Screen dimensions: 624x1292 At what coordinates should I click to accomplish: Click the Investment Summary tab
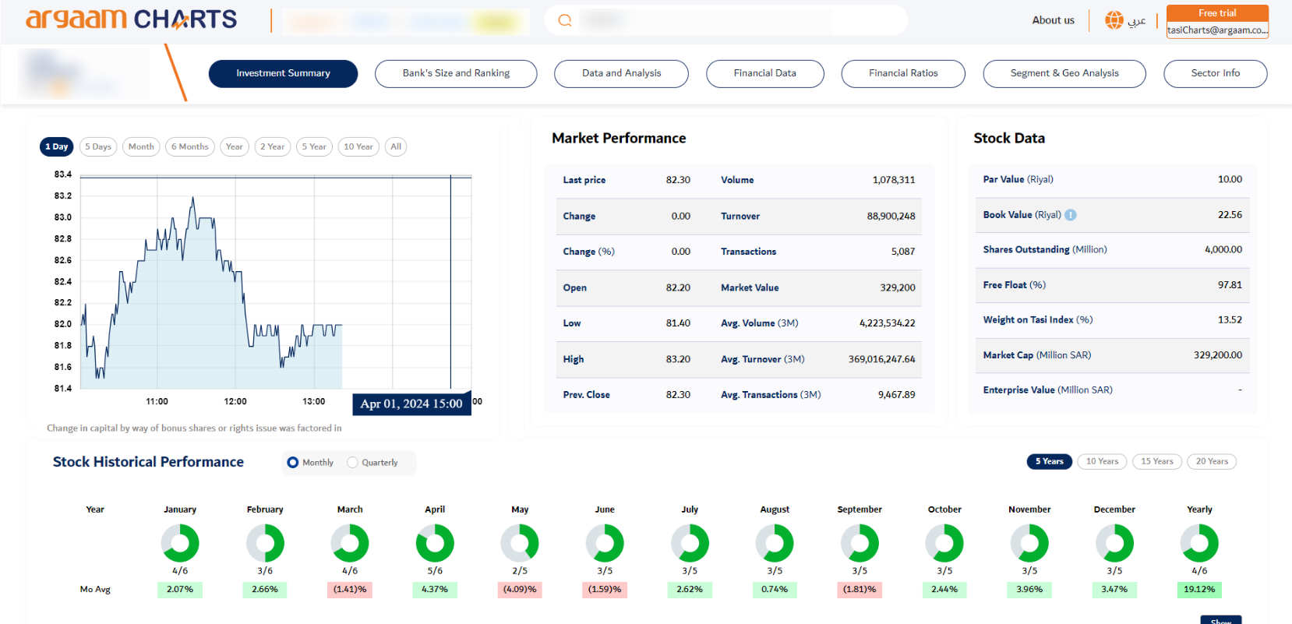point(283,73)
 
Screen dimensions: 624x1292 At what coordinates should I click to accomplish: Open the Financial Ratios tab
point(903,73)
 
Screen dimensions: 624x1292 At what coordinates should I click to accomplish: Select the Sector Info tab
point(1215,73)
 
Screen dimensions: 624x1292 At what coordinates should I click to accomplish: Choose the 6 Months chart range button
point(190,146)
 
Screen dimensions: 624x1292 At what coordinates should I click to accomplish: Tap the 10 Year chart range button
point(358,146)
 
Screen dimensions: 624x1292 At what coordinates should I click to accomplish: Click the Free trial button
point(1217,13)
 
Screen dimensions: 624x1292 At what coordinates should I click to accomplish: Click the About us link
point(1053,20)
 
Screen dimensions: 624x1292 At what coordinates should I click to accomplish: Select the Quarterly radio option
point(353,463)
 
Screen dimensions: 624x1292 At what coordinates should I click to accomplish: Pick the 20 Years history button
point(1212,461)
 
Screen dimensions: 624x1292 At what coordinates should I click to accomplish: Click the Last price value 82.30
point(678,180)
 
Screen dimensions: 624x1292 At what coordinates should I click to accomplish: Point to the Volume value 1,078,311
point(894,180)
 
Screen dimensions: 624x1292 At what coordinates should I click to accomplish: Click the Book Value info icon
point(1071,215)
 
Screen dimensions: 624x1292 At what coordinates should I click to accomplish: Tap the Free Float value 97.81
point(1230,285)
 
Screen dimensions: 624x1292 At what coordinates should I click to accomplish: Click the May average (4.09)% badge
point(520,590)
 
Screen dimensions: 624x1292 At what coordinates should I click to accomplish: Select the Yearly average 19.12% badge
point(1199,590)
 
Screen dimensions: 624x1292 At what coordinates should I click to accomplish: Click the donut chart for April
point(435,543)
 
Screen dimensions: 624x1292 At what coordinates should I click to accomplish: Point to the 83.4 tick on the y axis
point(63,175)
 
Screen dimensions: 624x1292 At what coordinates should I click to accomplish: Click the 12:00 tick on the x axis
point(235,402)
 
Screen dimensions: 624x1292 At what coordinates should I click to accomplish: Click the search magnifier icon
point(565,20)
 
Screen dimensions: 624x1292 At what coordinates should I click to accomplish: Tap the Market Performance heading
point(619,138)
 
